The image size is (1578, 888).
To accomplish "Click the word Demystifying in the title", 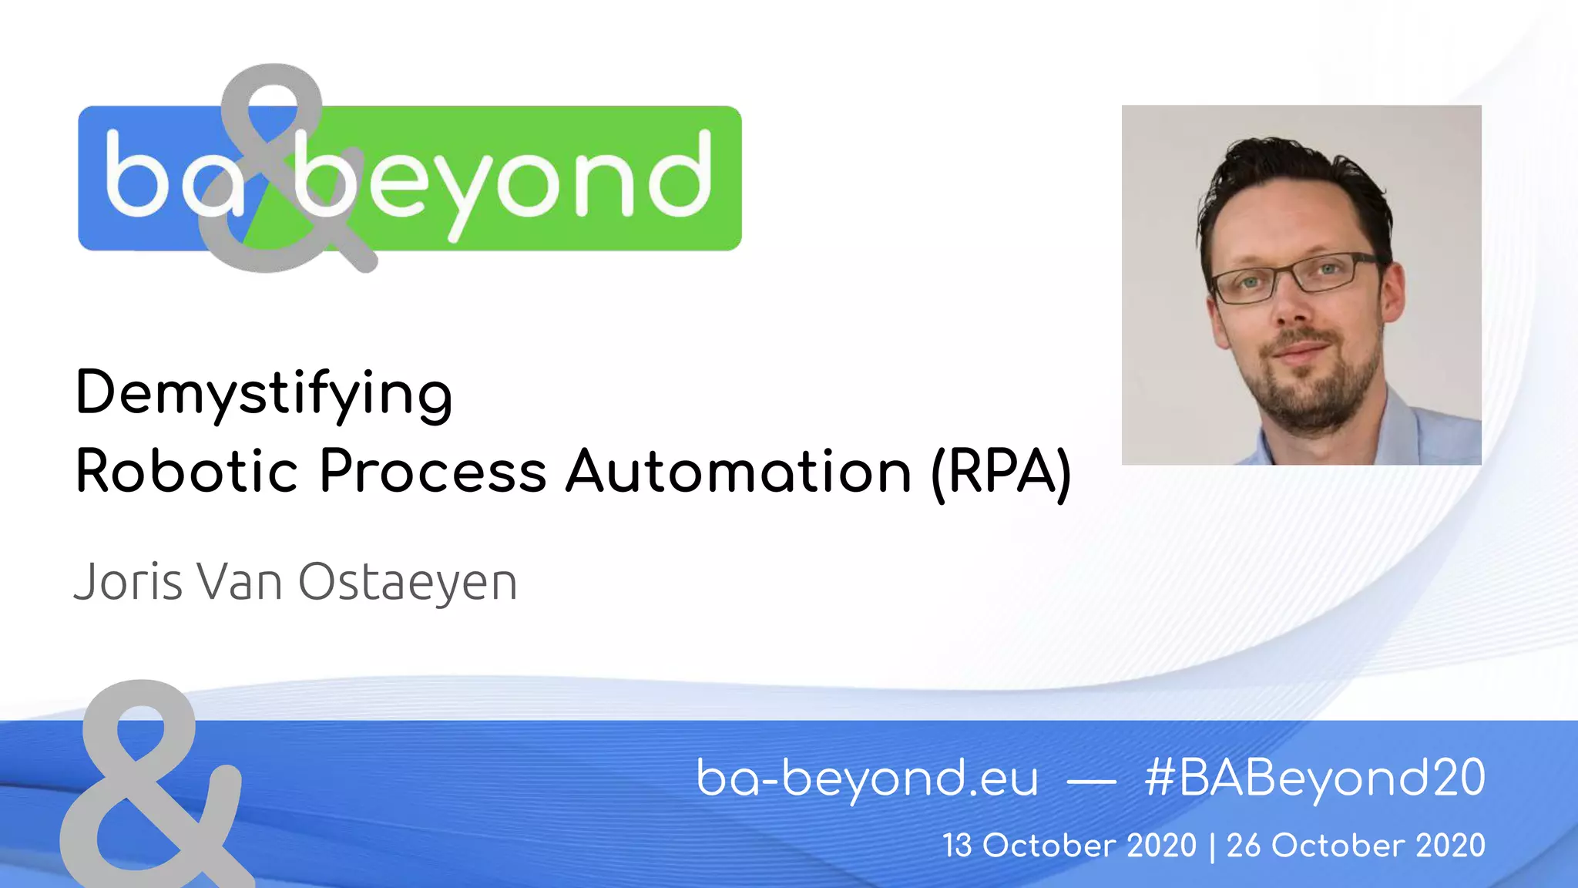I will click(x=264, y=393).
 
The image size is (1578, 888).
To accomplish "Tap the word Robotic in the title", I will click(x=186, y=471).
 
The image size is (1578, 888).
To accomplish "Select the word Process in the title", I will click(x=432, y=471).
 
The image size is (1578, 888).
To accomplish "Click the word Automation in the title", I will click(x=738, y=471).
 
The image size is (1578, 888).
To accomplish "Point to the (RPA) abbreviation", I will click(x=1001, y=473).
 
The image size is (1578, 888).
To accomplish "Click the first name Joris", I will click(x=128, y=581).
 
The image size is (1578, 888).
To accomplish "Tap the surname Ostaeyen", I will click(x=407, y=583).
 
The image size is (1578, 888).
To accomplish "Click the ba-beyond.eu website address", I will click(x=867, y=778).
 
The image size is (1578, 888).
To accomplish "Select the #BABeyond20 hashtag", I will click(x=1314, y=778).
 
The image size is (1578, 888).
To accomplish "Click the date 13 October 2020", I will click(x=1069, y=846).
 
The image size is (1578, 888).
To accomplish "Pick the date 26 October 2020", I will click(x=1355, y=846).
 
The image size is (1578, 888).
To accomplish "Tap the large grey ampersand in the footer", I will click(x=150, y=786).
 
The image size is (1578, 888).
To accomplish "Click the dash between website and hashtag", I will click(x=1091, y=782).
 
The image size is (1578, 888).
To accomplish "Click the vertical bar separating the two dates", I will click(x=1212, y=846).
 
